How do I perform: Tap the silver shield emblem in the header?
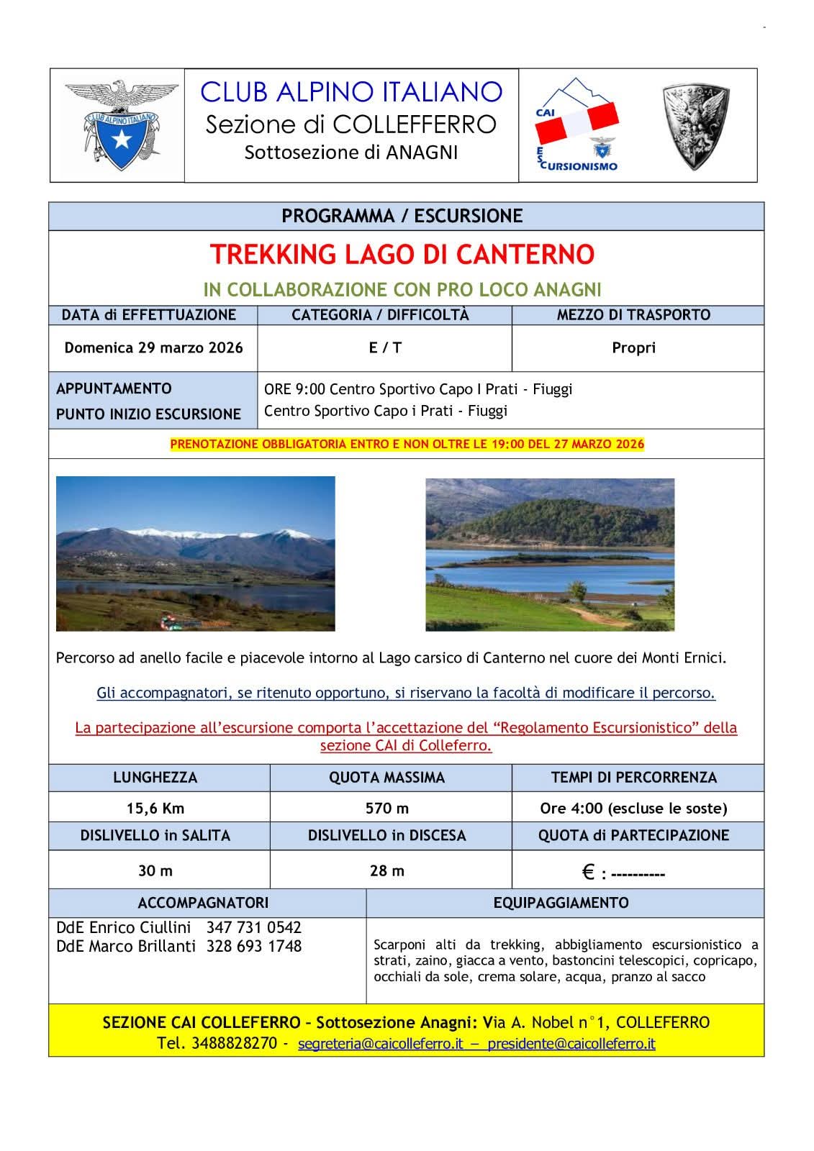coord(695,126)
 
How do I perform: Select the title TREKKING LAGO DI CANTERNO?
coord(402,255)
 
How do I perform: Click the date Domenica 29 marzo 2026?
coord(153,348)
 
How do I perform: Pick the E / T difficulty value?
coord(385,348)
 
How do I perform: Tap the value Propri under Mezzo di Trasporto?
coord(633,348)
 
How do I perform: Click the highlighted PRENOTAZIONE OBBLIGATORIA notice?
coord(407,445)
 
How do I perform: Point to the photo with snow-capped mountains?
coord(196,553)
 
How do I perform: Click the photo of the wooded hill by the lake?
coord(550,555)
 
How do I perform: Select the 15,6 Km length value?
coord(155,809)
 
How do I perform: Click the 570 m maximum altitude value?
coord(387,809)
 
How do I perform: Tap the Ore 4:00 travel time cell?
coord(633,809)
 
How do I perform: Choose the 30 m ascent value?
coord(155,871)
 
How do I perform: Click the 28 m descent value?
coord(387,871)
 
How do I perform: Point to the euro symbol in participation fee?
coord(588,873)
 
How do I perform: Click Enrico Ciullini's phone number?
coord(253,927)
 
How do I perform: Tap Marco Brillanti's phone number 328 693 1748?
coord(253,947)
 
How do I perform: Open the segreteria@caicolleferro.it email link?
coord(380,1044)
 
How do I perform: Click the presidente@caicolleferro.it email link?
coord(571,1044)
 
